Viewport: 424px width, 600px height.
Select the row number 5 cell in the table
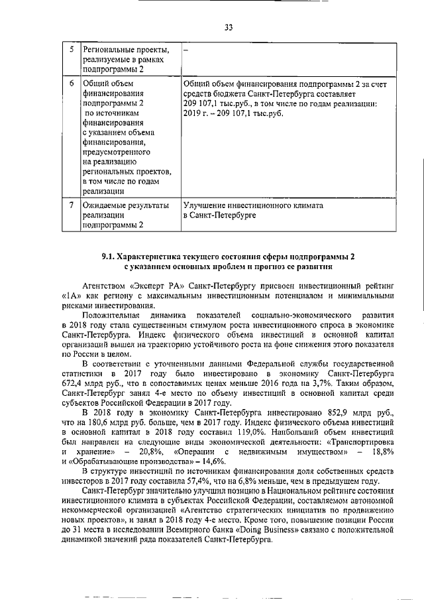point(72,50)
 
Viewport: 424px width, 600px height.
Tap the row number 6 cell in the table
point(72,84)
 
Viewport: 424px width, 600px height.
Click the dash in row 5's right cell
point(185,50)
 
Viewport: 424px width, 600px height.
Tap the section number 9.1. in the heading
point(109,256)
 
